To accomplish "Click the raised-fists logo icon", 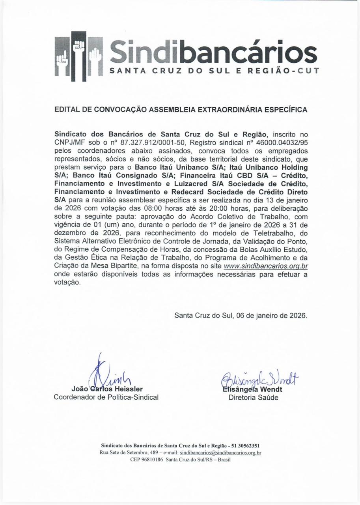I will coord(78,56).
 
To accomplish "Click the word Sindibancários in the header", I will coord(213,52).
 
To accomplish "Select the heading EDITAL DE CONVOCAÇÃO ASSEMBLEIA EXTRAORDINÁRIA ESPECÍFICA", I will coord(181,110).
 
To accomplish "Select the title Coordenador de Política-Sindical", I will coord(106,397).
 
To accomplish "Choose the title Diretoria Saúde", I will coord(253,398).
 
